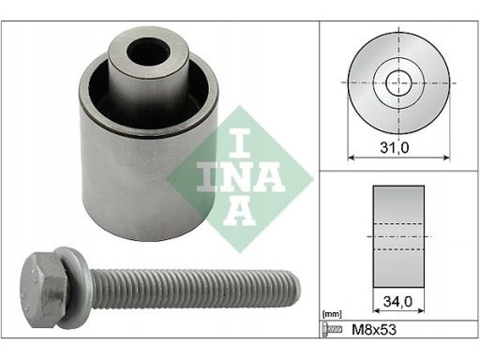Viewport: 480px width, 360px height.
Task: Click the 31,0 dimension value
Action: [x=400, y=146]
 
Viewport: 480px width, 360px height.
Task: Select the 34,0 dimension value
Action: [x=400, y=303]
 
